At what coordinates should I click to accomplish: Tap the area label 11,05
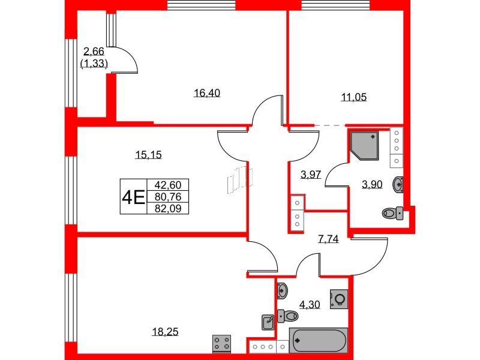tap(353, 97)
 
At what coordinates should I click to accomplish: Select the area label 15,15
tap(149, 155)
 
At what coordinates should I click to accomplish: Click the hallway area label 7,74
tap(328, 239)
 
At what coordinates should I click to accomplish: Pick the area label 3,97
tap(311, 175)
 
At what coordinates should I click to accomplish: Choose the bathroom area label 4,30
tap(310, 304)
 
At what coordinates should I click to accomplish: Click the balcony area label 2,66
tap(94, 52)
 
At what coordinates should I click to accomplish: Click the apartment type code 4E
tap(133, 197)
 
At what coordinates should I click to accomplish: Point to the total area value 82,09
tap(171, 208)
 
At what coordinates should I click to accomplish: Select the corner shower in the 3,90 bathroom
tap(364, 145)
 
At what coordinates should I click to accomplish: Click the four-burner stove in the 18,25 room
tap(222, 343)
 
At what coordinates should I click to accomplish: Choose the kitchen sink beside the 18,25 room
tap(268, 322)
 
